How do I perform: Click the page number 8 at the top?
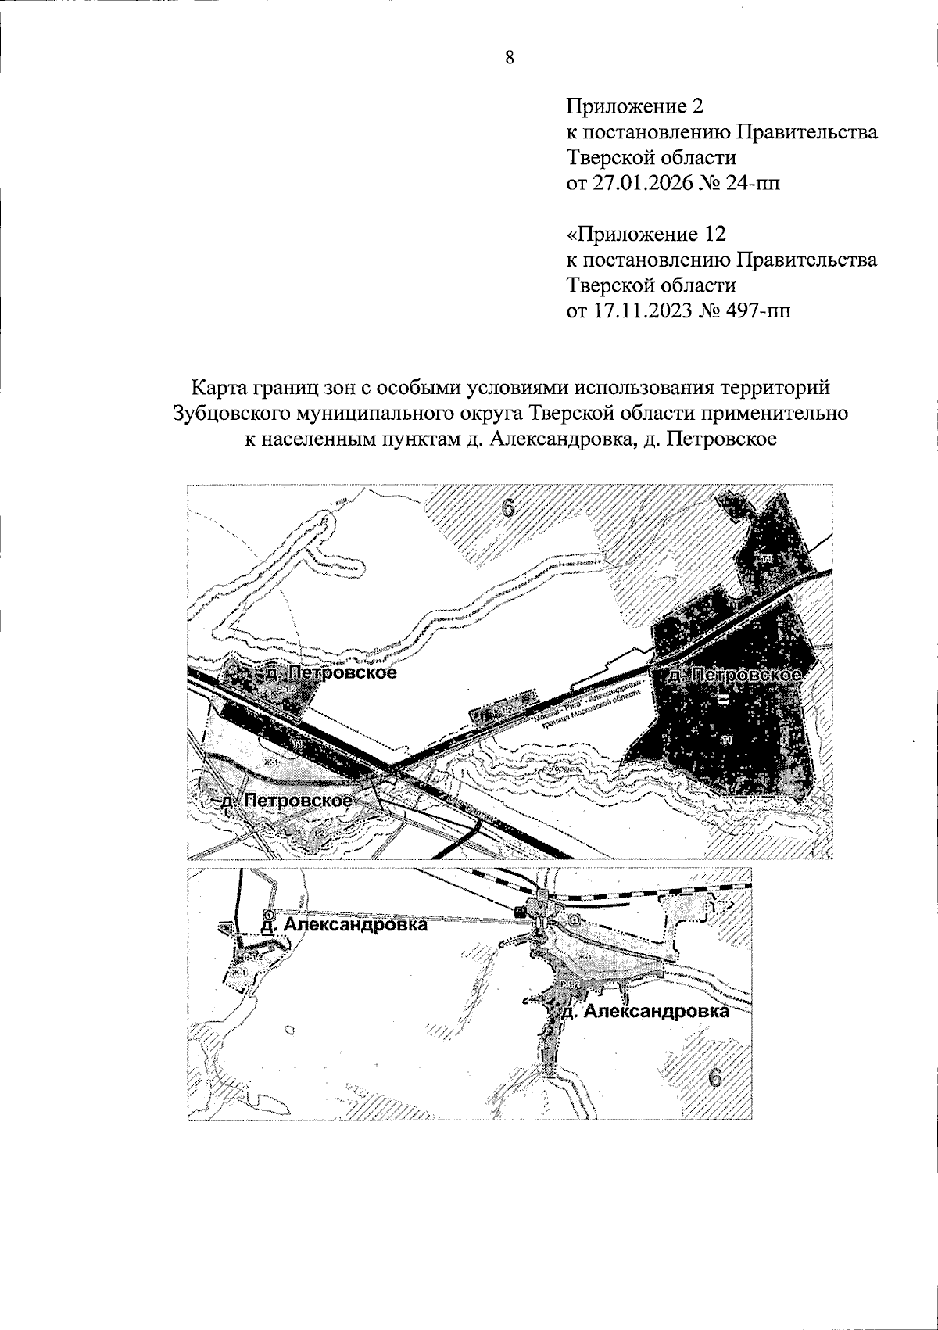click(x=510, y=58)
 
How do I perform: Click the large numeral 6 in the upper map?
click(x=509, y=508)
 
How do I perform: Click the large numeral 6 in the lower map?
click(x=713, y=1078)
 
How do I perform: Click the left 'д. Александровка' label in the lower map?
click(x=344, y=925)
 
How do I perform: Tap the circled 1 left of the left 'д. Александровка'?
click(x=268, y=914)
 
